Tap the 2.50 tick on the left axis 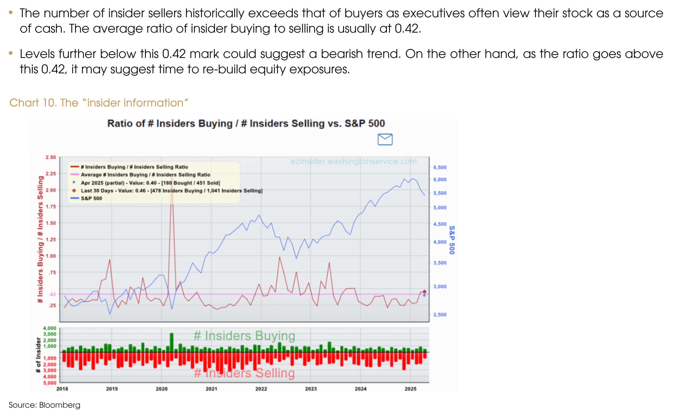(x=51, y=157)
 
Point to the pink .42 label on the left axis (x=53, y=294)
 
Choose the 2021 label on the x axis (x=211, y=389)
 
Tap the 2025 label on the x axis (x=410, y=389)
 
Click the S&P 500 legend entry (x=91, y=198)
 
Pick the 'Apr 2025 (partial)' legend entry (x=150, y=183)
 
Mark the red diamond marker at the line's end (x=424, y=292)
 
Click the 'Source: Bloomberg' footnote (x=44, y=405)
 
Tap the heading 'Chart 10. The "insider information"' (x=99, y=103)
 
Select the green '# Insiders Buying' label (x=244, y=336)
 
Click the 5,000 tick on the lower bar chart (x=50, y=383)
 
